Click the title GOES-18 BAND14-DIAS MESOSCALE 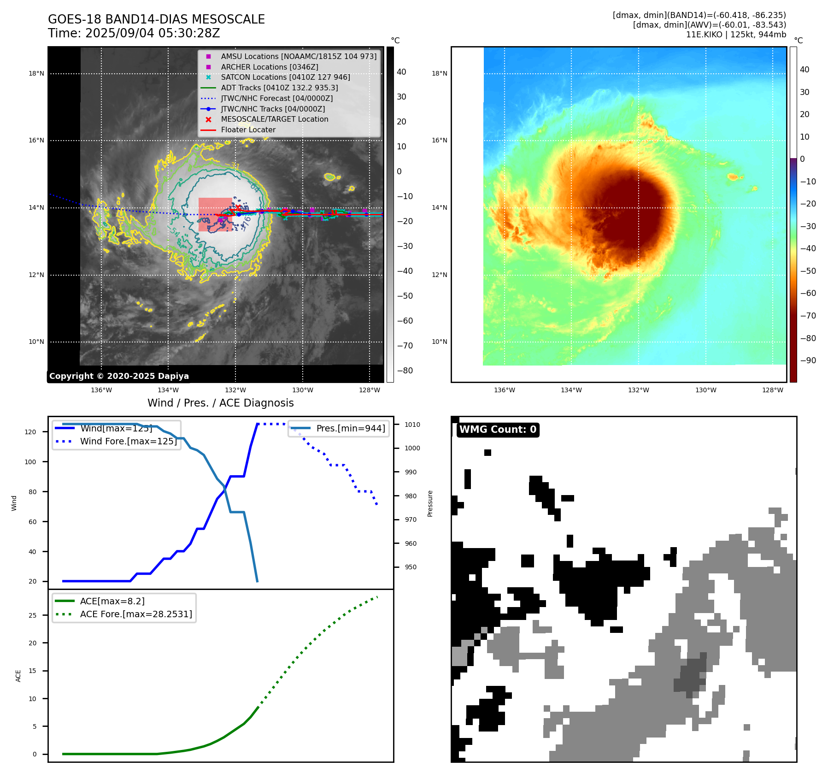tap(156, 19)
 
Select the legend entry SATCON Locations tap(285, 77)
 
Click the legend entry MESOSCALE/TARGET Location tap(274, 119)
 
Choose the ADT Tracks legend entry tap(279, 88)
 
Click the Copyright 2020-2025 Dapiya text tap(119, 376)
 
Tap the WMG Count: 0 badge tap(498, 430)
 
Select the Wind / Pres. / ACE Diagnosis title tap(220, 403)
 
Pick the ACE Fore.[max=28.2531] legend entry tap(136, 614)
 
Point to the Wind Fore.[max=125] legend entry tap(128, 441)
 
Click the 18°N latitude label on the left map tap(36, 73)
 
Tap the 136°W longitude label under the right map tap(504, 390)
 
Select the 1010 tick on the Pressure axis tap(412, 425)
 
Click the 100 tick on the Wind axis tap(30, 462)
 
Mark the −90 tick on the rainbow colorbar tap(808, 360)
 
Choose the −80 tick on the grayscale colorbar tap(405, 371)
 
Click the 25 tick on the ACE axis tap(32, 615)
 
